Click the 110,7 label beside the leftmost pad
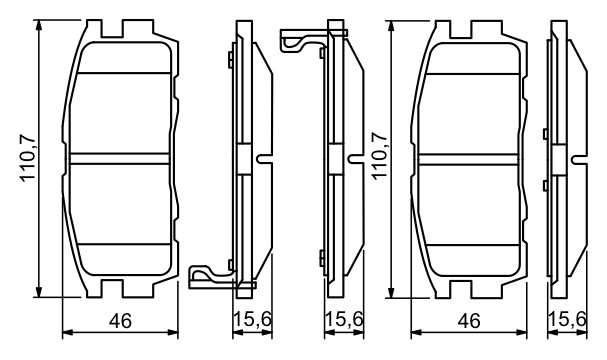coord(28,158)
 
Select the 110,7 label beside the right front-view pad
coord(379,155)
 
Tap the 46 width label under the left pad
coord(120,321)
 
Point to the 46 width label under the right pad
coord(469,321)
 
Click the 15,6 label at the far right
coord(568,319)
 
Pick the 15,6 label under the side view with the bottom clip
coord(252,319)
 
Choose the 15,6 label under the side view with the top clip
coord(344,319)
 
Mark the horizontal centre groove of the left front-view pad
coord(120,159)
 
